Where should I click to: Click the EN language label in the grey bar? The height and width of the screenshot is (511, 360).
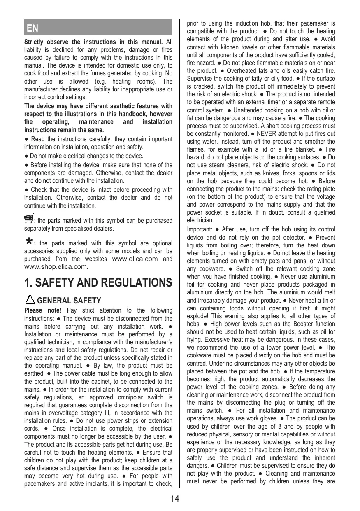(x=33, y=28)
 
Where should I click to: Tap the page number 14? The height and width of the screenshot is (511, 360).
(x=175, y=499)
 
